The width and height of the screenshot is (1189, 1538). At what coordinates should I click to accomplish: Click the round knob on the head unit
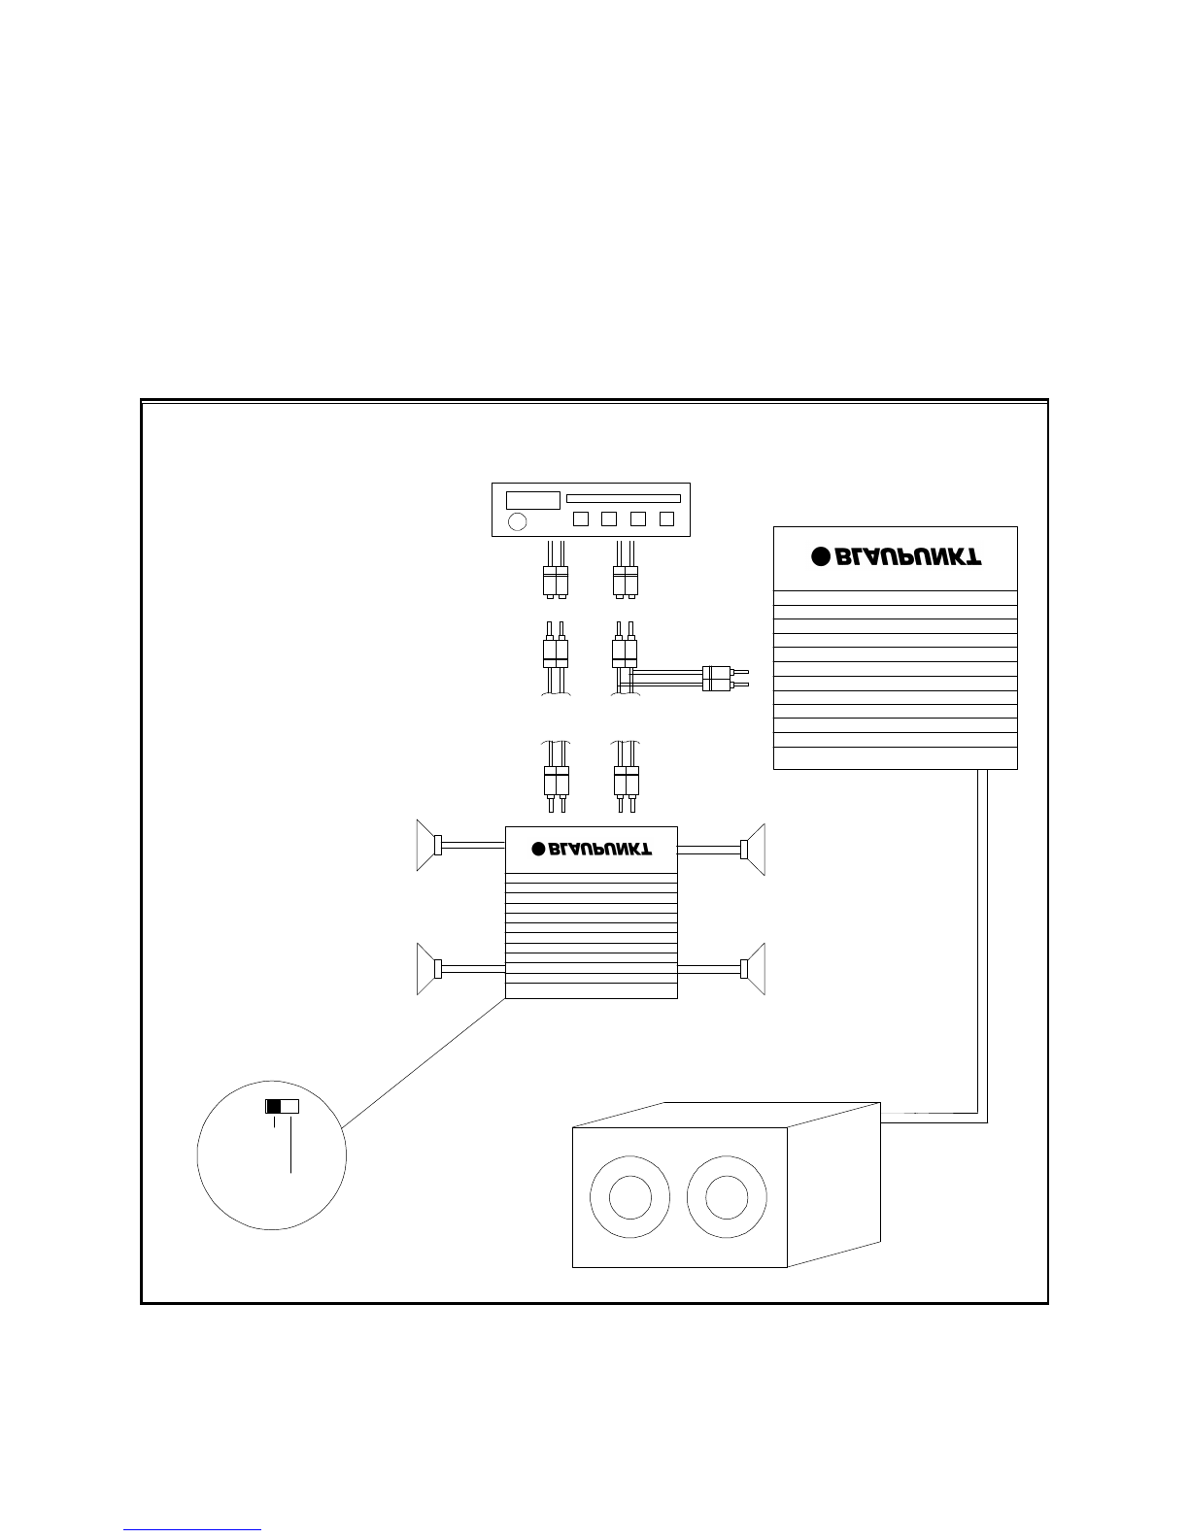pos(518,521)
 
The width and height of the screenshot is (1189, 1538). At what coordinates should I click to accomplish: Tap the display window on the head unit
pos(532,500)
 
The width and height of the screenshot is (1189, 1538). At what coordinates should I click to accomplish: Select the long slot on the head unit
pos(624,498)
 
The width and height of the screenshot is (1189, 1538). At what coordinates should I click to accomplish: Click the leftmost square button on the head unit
pos(581,518)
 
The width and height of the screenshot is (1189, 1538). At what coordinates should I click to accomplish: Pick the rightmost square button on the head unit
pos(666,518)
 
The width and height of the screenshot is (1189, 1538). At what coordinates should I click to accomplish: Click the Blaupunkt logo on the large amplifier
pos(897,557)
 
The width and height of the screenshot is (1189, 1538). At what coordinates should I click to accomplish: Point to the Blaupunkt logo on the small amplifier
pos(592,849)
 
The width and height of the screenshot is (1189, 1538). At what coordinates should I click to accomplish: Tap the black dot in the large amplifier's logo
pos(820,557)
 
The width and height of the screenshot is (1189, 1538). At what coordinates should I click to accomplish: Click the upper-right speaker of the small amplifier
pos(753,850)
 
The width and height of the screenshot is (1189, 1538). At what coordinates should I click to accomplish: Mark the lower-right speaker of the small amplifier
pos(753,969)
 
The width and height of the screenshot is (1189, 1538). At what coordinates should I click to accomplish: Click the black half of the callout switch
pos(273,1106)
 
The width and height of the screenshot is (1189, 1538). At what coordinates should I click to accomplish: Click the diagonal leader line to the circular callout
pos(424,1063)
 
